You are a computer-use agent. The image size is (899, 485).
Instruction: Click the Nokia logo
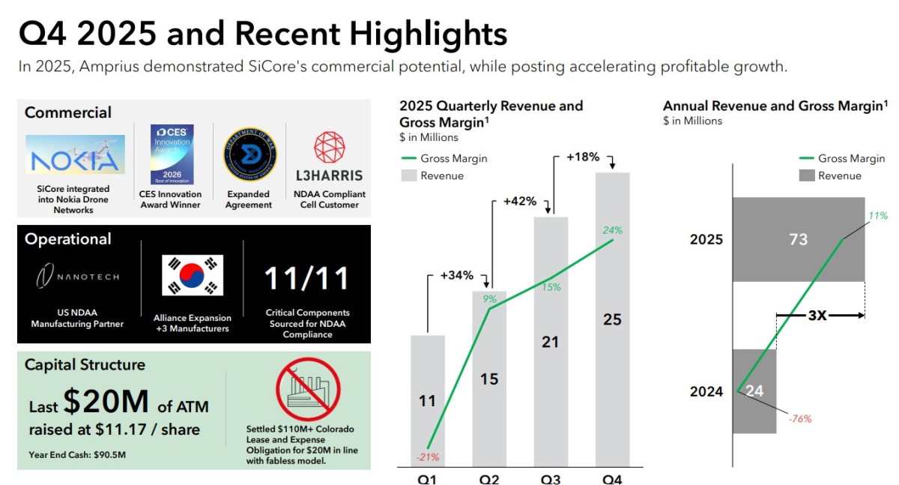(x=75, y=154)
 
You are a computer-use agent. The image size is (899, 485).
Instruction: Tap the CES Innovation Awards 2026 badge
(x=172, y=154)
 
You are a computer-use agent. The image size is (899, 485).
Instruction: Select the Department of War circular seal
(x=249, y=154)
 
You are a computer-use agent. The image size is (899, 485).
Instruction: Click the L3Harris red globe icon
(x=329, y=147)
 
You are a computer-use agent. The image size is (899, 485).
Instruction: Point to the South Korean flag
(x=193, y=275)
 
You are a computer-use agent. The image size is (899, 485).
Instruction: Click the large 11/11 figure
(x=306, y=278)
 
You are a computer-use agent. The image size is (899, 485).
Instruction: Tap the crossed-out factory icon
(x=308, y=390)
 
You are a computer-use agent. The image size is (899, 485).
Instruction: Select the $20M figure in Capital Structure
(x=106, y=401)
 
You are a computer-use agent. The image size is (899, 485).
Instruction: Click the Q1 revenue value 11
(x=427, y=401)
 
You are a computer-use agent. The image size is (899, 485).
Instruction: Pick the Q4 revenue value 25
(x=612, y=319)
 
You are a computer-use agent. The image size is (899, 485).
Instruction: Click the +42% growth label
(x=520, y=201)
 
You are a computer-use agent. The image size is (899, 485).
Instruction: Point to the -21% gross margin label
(x=428, y=457)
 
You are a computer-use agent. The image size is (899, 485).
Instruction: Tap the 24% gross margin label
(x=613, y=230)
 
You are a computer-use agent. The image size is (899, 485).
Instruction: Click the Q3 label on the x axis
(x=550, y=480)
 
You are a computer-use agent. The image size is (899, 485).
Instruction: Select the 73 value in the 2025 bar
(x=799, y=239)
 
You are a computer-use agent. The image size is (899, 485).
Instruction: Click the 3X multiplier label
(x=817, y=316)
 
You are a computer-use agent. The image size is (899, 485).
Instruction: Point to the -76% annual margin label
(x=800, y=419)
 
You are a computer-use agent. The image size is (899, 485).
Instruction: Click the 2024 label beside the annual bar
(x=706, y=391)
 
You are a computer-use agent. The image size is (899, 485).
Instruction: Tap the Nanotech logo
(x=77, y=276)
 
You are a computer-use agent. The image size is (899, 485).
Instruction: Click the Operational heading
(x=68, y=239)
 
